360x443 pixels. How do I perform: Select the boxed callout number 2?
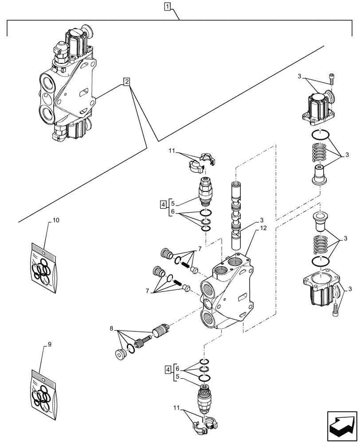pos(127,82)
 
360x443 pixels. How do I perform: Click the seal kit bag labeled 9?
pos(44,388)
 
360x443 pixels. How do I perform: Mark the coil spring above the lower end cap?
pos(321,245)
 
